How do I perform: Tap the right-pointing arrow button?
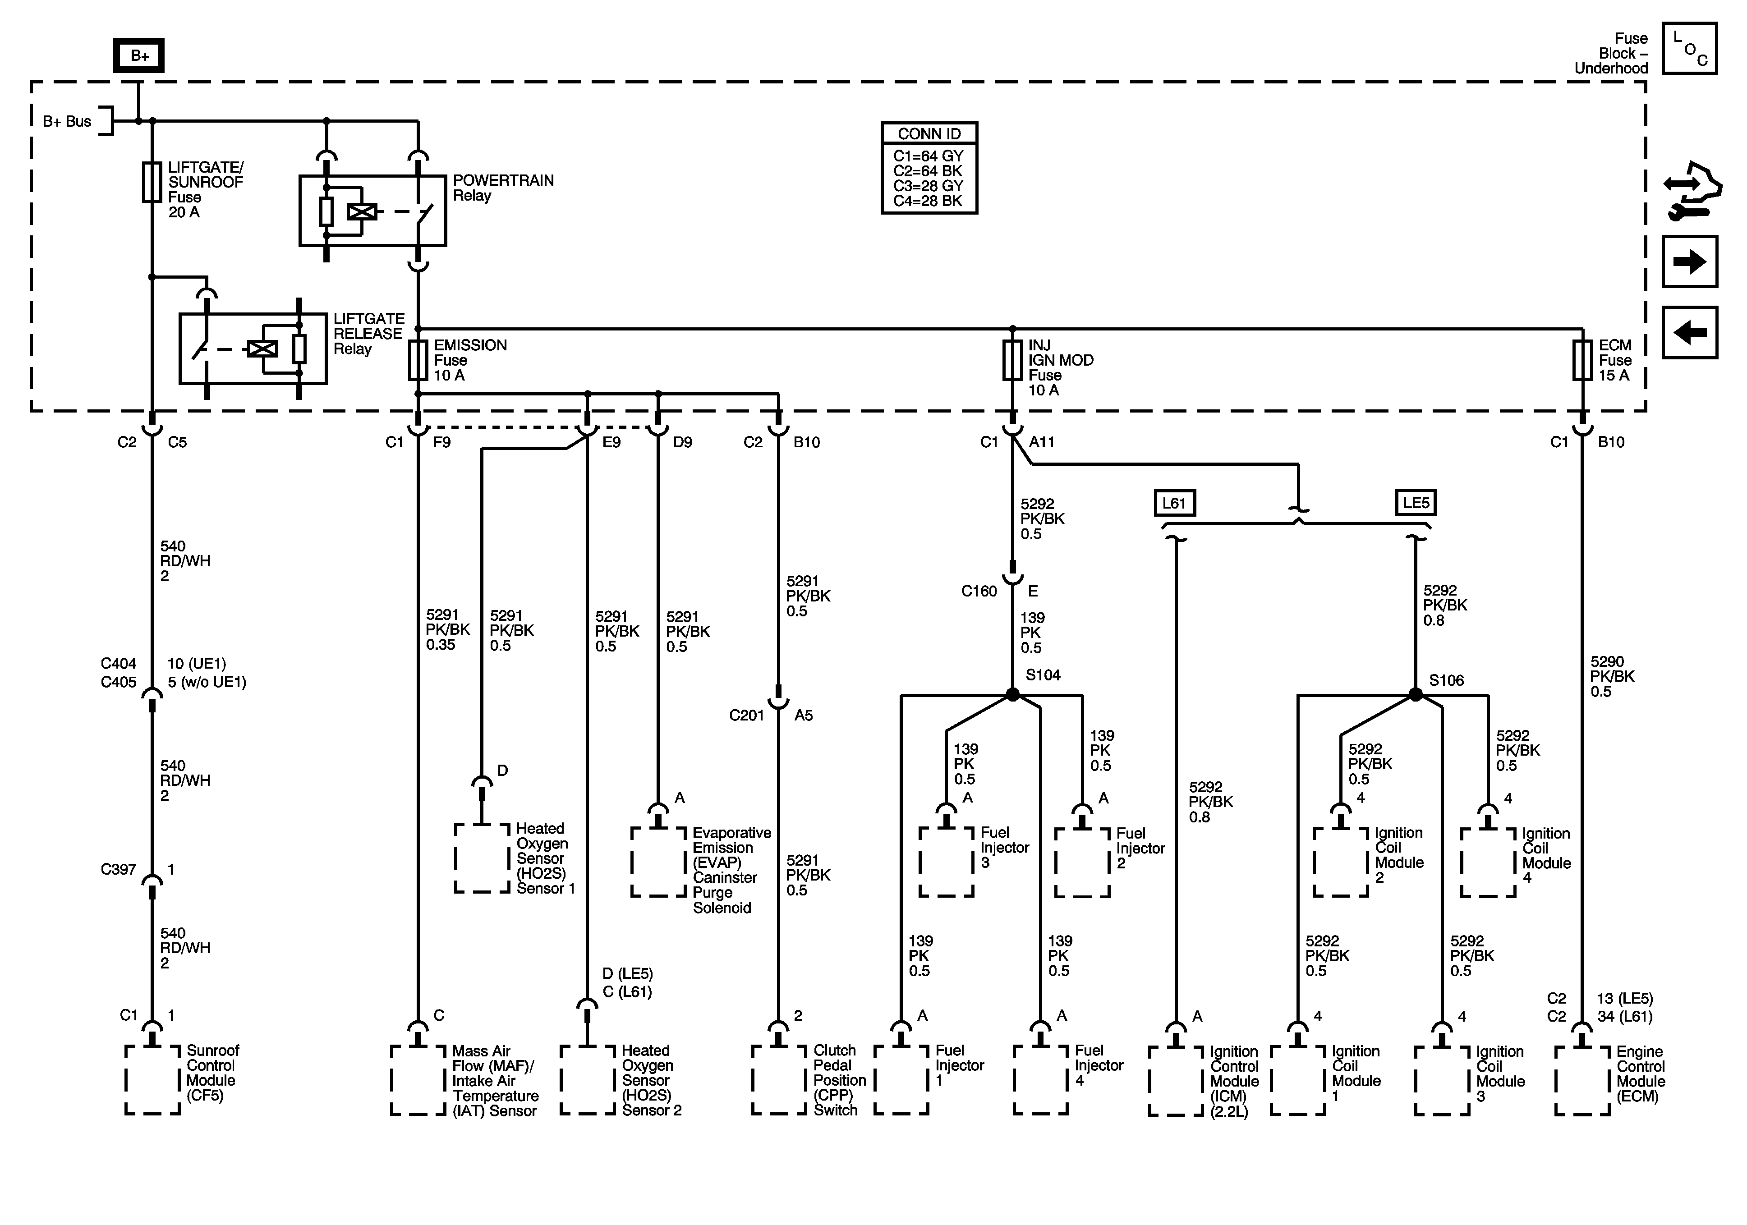pyautogui.click(x=1689, y=262)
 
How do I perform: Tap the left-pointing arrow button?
pyautogui.click(x=1689, y=332)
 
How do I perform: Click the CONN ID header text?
pyautogui.click(x=929, y=134)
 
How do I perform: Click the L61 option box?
pyautogui.click(x=1174, y=503)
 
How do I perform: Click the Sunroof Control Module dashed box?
pyautogui.click(x=153, y=1080)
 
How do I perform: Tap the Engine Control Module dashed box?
pyautogui.click(x=1583, y=1080)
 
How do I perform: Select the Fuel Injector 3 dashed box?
pyautogui.click(x=947, y=862)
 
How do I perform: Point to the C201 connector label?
pyautogui.click(x=746, y=715)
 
